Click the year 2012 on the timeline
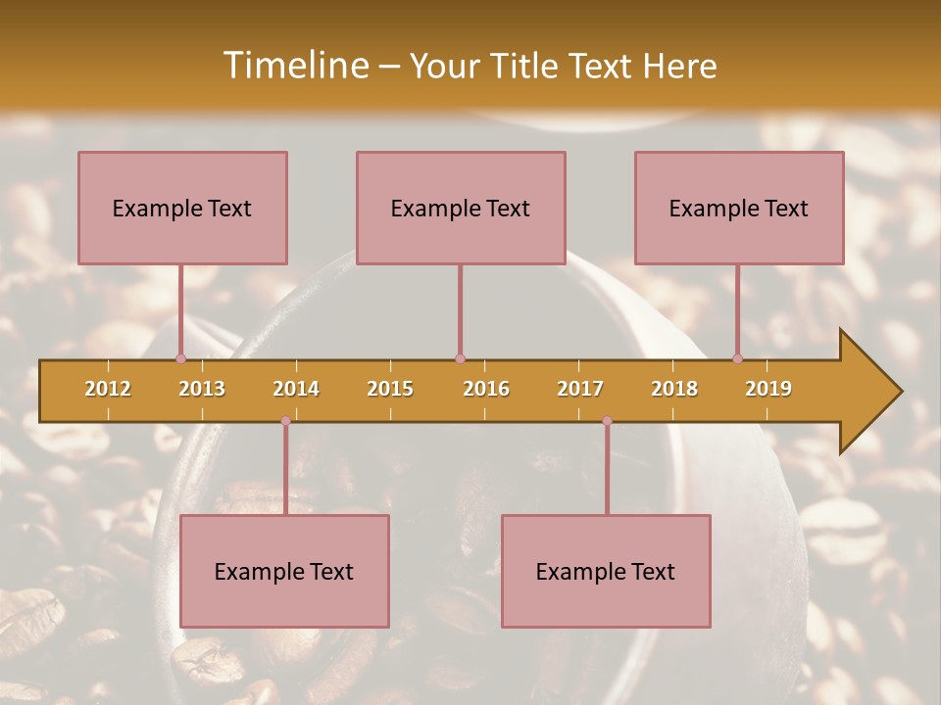pos(108,389)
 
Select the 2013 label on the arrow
pos(202,389)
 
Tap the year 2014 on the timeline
pos(296,389)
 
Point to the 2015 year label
pos(390,389)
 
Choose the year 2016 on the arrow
pos(486,389)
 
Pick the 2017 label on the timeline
pos(580,389)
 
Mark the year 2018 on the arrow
pos(674,389)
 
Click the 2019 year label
pos(768,389)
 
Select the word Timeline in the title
pos(293,66)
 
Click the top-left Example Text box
pos(182,208)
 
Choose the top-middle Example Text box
pos(461,208)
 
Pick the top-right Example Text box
pos(739,208)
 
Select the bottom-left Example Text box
pos(284,571)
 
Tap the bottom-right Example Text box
pos(606,571)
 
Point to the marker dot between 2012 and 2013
pos(180,358)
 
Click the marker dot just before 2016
pos(460,358)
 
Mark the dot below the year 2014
pos(285,421)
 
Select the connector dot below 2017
pos(607,421)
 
